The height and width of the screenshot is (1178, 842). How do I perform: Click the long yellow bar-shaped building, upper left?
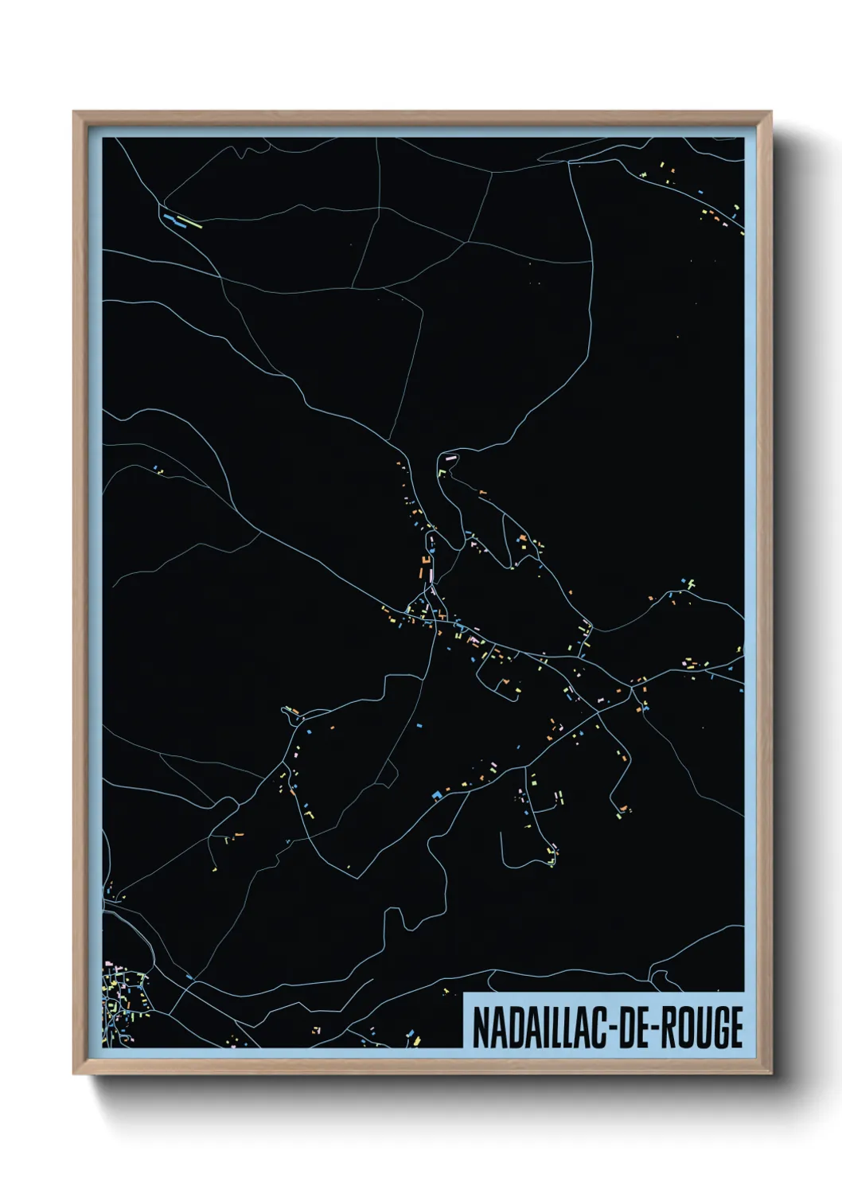coord(189,222)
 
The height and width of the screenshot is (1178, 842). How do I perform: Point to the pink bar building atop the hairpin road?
coord(450,458)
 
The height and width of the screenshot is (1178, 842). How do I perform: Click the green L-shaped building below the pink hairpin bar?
coord(441,471)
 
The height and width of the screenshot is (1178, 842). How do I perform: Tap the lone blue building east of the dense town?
coord(189,976)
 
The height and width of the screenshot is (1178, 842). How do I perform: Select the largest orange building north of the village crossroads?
coord(423,570)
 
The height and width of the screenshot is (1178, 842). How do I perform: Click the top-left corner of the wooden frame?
coord(74,112)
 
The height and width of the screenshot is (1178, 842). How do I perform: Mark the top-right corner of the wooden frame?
coord(772,112)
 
